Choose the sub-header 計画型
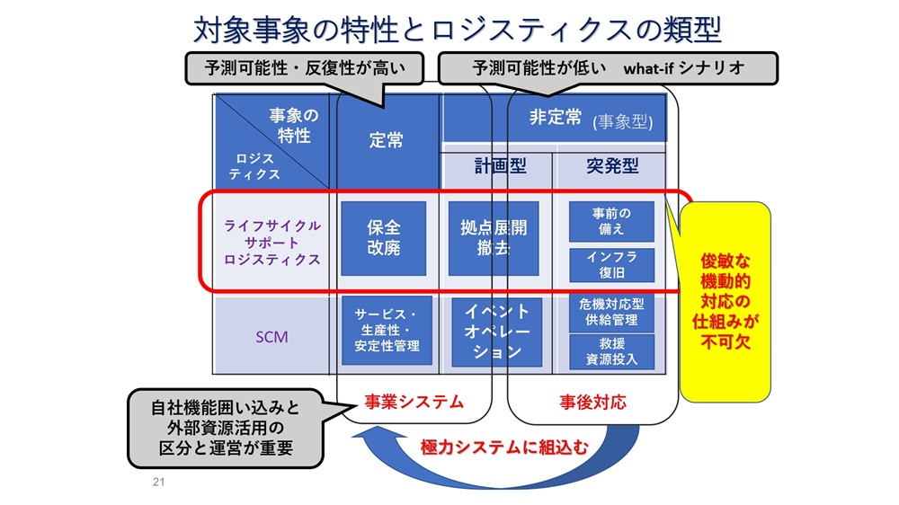tap(500, 166)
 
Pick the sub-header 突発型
tap(611, 166)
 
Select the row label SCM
tap(271, 338)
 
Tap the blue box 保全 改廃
tap(384, 238)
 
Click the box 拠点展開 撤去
tap(494, 238)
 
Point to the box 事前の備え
tap(611, 221)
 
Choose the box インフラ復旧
tap(611, 264)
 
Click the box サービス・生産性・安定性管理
tap(387, 331)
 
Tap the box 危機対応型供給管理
tap(611, 312)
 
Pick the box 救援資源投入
tap(611, 350)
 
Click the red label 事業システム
tap(413, 402)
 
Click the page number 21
tap(159, 483)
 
